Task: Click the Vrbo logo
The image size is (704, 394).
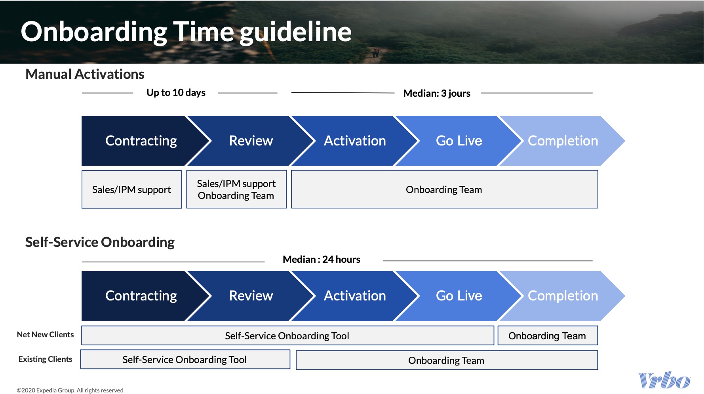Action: pos(664,381)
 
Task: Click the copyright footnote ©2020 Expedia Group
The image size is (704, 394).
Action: pos(70,390)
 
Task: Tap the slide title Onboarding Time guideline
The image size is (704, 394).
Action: pos(186,32)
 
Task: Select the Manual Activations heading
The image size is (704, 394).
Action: pos(85,74)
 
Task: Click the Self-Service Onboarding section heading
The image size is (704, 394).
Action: pos(100,242)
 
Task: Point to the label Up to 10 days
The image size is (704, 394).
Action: pos(176,93)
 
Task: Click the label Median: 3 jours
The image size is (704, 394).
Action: pos(436,94)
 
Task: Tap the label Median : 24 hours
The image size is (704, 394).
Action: pos(321,260)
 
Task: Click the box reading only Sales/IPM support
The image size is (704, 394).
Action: pos(131,189)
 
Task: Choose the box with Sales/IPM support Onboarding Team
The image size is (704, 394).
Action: pos(236,189)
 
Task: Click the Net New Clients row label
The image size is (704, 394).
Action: pos(45,335)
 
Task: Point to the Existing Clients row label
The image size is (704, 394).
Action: pos(45,359)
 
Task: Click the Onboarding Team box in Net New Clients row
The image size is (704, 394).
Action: pos(547,336)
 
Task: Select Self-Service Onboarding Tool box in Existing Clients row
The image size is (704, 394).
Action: pos(185,360)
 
